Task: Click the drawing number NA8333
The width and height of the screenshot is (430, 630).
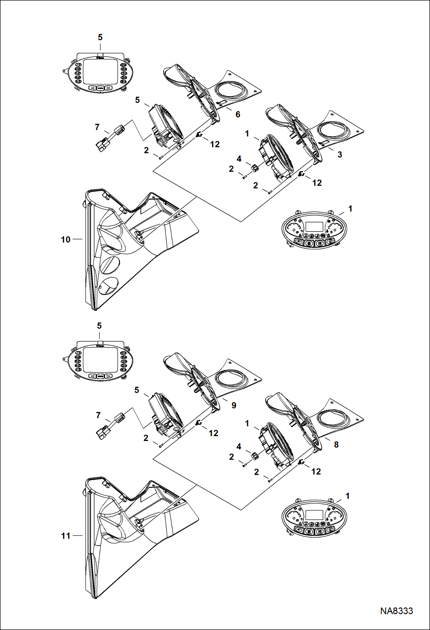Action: tap(396, 611)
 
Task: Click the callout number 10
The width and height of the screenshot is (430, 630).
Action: tap(65, 240)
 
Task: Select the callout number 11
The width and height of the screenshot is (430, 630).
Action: tap(65, 536)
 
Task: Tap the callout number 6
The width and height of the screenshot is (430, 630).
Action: tap(238, 115)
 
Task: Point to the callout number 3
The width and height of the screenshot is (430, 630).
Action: tap(340, 155)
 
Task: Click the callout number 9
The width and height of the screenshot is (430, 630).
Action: tap(234, 405)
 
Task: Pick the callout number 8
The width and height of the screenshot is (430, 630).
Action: tap(336, 444)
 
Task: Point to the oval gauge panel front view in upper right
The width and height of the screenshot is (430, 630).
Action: tap(315, 230)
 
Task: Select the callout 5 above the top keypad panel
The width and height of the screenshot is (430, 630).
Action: tap(100, 37)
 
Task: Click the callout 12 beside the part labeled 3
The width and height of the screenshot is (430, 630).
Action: tap(317, 183)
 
